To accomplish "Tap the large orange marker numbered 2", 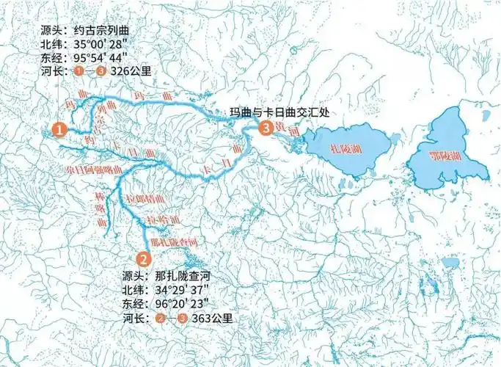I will [144, 258].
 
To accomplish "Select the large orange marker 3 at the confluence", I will [266, 128].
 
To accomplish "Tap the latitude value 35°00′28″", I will [106, 44].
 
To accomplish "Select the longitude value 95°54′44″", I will [106, 58].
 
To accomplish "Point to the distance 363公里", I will [216, 319].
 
